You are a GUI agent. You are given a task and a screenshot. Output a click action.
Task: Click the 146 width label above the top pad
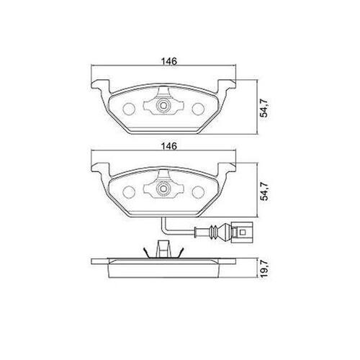pyautogui.click(x=169, y=61)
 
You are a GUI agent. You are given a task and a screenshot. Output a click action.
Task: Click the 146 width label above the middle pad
pyautogui.click(x=169, y=146)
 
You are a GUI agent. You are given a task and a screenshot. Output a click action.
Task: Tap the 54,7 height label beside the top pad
pyautogui.click(x=264, y=108)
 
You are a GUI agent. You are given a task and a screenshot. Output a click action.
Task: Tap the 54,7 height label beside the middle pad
pyautogui.click(x=264, y=192)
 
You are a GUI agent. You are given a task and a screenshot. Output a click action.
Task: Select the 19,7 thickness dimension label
pyautogui.click(x=264, y=269)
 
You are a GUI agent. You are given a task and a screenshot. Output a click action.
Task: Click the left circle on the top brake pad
pyautogui.click(x=129, y=109)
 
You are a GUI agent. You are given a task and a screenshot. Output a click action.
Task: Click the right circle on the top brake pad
pyautogui.click(x=198, y=109)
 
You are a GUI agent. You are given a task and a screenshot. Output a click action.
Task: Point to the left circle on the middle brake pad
pyautogui.click(x=129, y=192)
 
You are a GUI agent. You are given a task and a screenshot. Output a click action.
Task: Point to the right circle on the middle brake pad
pyautogui.click(x=198, y=192)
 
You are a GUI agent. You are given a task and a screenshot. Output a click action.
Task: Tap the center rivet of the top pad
pyautogui.click(x=163, y=105)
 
